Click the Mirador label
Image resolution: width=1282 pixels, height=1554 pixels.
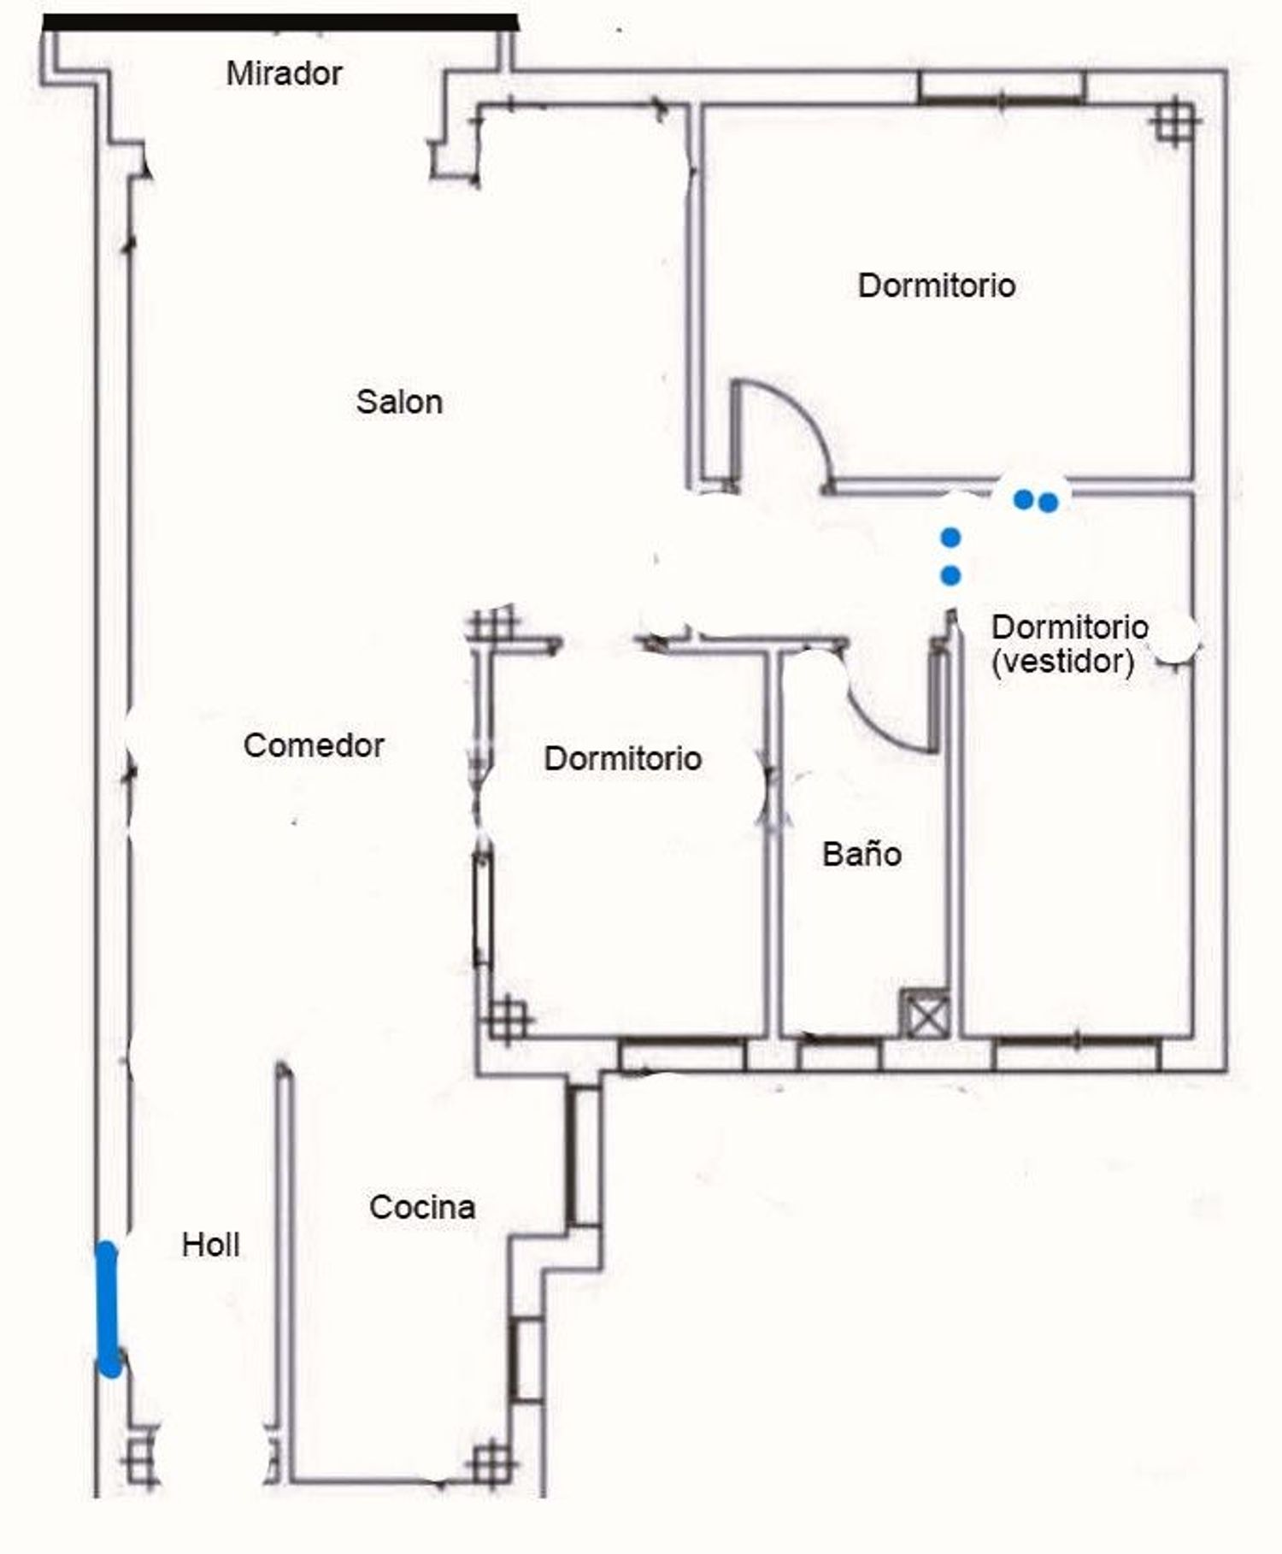pos(284,74)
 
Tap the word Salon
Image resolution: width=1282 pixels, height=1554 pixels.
pos(399,402)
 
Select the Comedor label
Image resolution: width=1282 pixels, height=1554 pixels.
pos(314,745)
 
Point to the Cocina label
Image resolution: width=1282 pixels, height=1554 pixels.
pos(422,1207)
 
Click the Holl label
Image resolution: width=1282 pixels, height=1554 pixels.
pos(210,1245)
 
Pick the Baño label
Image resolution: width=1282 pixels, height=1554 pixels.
pos(862,854)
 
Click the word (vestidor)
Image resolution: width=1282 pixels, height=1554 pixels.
pos(1063,662)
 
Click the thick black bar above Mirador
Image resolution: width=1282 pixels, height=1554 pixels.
pos(280,23)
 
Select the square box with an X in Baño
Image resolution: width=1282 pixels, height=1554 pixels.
pos(926,1015)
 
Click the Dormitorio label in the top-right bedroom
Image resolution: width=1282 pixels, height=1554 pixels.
pos(937,285)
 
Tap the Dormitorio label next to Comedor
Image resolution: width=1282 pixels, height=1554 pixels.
pos(623,758)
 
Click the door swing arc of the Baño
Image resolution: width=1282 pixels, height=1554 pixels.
pos(880,727)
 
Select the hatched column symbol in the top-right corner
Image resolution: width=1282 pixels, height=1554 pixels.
pos(1174,121)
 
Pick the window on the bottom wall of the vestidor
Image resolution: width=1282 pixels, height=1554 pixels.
pos(1077,1055)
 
